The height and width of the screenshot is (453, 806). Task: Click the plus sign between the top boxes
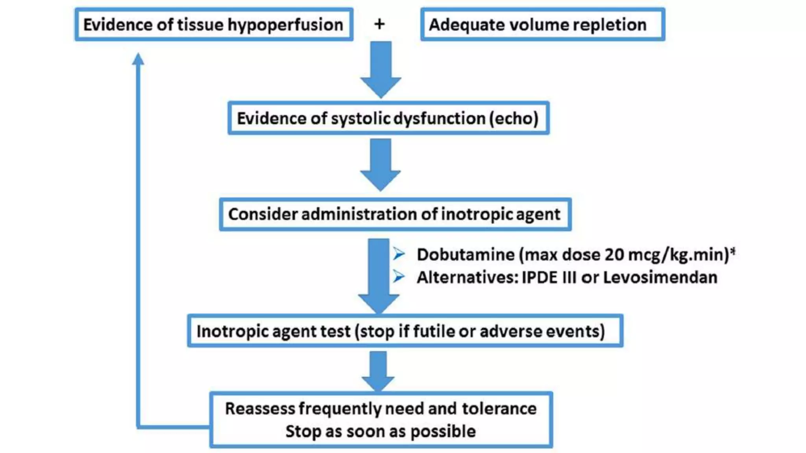(x=379, y=24)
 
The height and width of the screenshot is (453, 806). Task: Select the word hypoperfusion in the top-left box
(x=285, y=25)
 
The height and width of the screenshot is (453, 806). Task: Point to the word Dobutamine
(x=465, y=254)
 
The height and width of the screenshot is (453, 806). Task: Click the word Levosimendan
(x=660, y=277)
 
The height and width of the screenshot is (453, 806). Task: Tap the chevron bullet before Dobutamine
(x=399, y=254)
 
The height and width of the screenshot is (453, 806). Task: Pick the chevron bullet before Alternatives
(x=399, y=277)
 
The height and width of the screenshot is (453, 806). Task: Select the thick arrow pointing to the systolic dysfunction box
(x=381, y=69)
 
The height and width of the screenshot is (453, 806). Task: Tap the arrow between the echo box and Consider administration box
(x=381, y=164)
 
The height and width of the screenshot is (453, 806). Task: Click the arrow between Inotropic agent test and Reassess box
(x=378, y=370)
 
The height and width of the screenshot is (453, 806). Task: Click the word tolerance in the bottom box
(x=499, y=409)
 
